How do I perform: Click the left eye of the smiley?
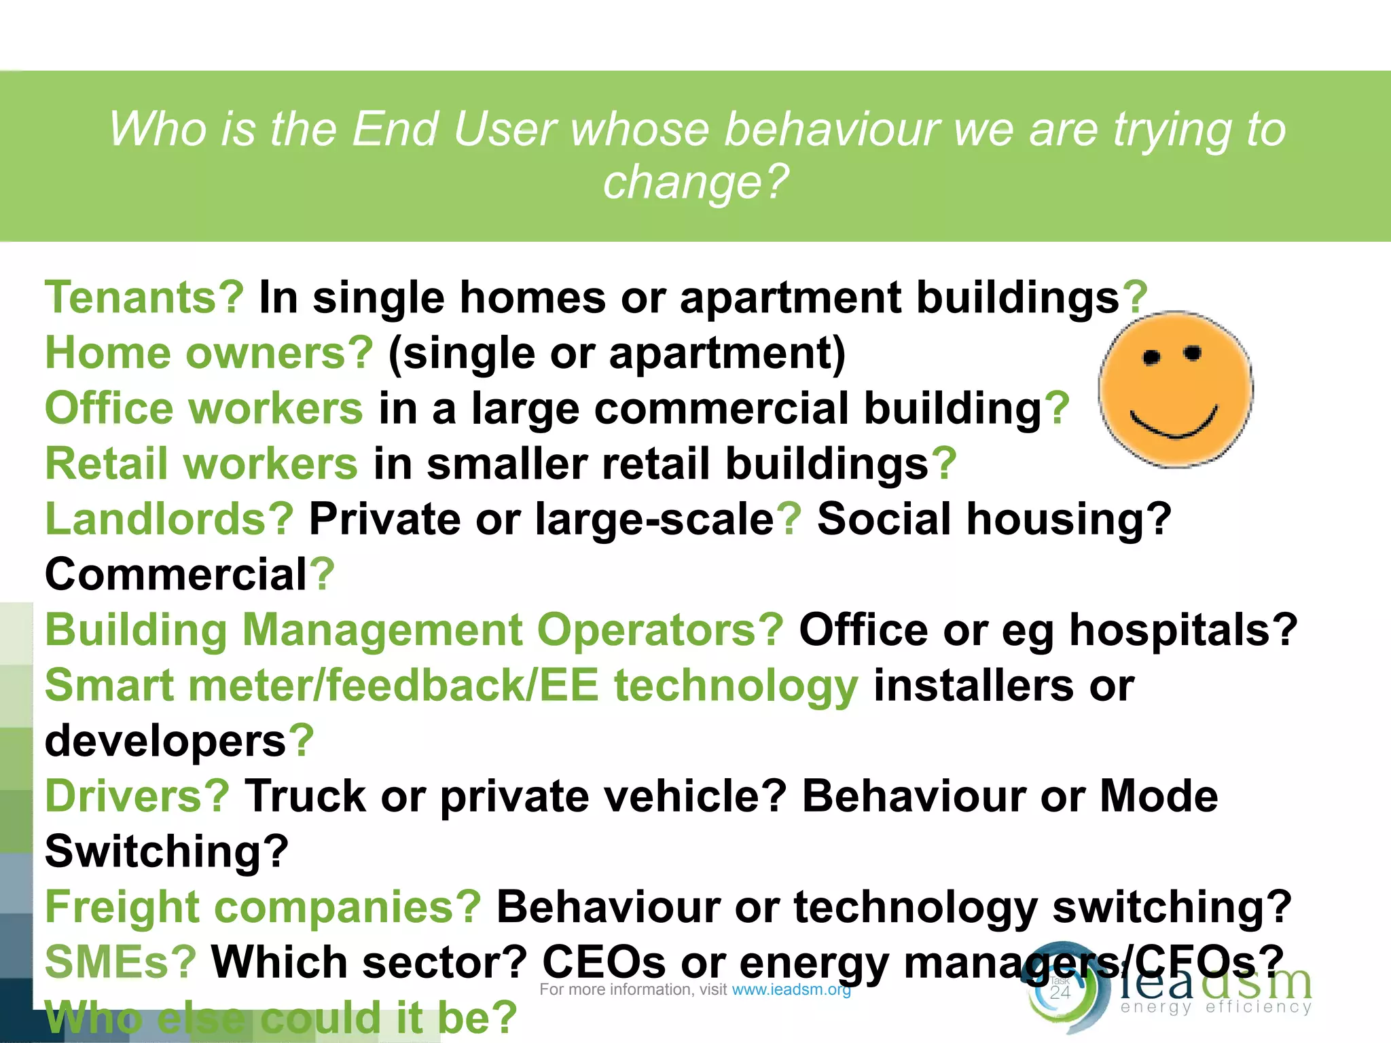[x=1151, y=358]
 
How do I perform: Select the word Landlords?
[x=169, y=519]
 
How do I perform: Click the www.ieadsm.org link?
[x=791, y=990]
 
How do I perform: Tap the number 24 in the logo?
[x=1060, y=993]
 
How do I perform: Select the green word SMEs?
[x=120, y=962]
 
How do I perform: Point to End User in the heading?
[x=454, y=129]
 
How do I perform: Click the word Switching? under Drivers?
[x=167, y=852]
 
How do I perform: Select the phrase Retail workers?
[x=201, y=464]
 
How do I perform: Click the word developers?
[x=166, y=741]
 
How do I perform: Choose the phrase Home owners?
[x=209, y=353]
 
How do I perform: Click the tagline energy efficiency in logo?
[x=1216, y=1007]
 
